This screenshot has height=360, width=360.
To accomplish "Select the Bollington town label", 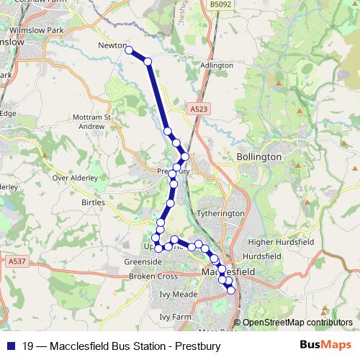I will [258, 156].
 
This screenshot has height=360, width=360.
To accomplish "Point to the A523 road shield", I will [200, 109].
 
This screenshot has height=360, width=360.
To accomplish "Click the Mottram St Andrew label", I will [91, 121].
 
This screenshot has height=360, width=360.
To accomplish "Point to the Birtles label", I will [94, 203].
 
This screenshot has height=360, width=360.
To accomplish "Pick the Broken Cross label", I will [153, 276].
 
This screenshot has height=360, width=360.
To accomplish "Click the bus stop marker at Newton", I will [130, 50].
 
